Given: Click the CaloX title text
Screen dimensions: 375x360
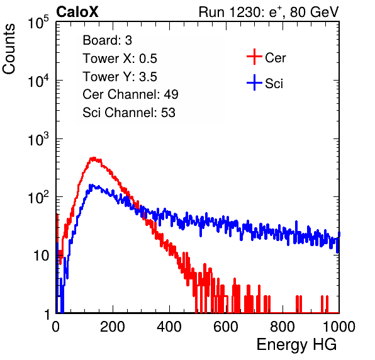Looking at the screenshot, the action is tap(77, 12).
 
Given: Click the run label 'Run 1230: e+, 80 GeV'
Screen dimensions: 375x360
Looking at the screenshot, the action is tap(269, 12).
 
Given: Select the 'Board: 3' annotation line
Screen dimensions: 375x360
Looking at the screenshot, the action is tap(107, 40).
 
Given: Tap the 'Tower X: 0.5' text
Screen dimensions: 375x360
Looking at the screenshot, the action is tap(120, 59).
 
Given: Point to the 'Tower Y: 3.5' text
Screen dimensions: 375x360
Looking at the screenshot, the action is tap(120, 77).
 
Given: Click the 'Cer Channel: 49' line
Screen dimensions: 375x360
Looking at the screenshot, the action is tap(130, 94).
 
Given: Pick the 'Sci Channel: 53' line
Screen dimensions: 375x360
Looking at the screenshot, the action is tap(129, 113).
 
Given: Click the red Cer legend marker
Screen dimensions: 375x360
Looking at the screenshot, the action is tap(254, 57).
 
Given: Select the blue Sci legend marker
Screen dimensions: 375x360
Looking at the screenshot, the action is tap(254, 83).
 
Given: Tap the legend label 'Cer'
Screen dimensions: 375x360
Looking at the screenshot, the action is tap(275, 58).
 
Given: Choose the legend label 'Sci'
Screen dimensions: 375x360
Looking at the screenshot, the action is tap(274, 84).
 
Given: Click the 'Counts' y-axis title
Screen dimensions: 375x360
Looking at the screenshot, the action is tap(9, 49).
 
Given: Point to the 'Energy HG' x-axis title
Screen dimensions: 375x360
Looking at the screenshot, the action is tap(296, 344).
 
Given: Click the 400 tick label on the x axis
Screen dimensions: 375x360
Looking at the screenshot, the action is tap(169, 327).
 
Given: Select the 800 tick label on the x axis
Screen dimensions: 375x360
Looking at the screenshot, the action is tap(283, 327).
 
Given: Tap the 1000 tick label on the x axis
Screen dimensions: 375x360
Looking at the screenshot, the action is tap(339, 327).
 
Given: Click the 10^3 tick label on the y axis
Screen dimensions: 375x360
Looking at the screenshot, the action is tap(38, 139).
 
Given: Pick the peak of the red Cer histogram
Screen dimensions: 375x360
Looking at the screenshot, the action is tap(94, 158).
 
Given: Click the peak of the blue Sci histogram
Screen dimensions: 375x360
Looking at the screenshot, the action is tap(91, 185).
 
